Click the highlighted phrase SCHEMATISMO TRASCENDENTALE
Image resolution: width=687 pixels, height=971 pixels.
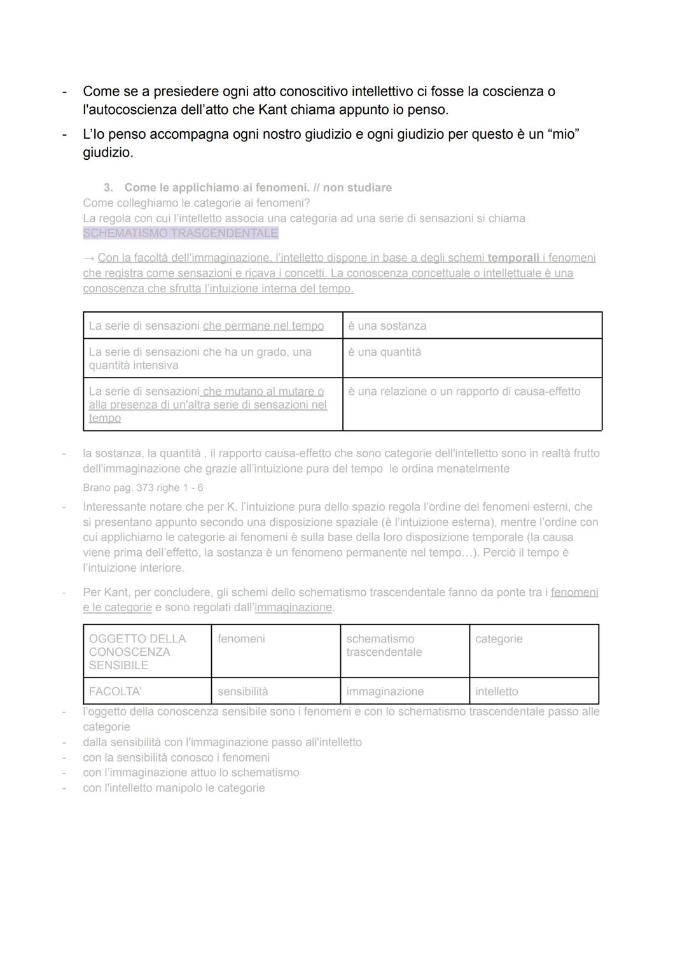coord(181,233)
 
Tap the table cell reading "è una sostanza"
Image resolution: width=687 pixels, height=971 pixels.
coord(387,326)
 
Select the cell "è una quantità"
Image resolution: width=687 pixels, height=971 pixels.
coord(384,352)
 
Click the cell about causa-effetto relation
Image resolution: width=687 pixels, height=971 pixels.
coord(464,392)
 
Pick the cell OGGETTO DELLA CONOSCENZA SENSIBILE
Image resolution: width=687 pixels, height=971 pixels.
coord(137,651)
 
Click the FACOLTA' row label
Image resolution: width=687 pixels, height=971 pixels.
coord(115,691)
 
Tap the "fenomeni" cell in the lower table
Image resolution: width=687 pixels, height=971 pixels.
coord(241,639)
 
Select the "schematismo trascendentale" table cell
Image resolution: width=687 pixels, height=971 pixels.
coord(384,645)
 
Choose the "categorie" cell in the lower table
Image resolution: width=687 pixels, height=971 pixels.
coord(499,639)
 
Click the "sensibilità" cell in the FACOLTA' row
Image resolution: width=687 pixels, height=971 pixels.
coord(242,691)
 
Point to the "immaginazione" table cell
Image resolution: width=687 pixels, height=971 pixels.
coord(385,691)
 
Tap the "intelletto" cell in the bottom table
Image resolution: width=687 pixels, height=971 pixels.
coord(496,691)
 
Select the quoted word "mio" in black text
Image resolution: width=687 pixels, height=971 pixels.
coord(563,134)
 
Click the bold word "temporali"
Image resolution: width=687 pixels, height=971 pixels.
coord(513,258)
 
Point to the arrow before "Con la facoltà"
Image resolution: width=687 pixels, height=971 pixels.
coord(88,258)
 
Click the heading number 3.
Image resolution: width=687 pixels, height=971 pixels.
coord(108,188)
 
